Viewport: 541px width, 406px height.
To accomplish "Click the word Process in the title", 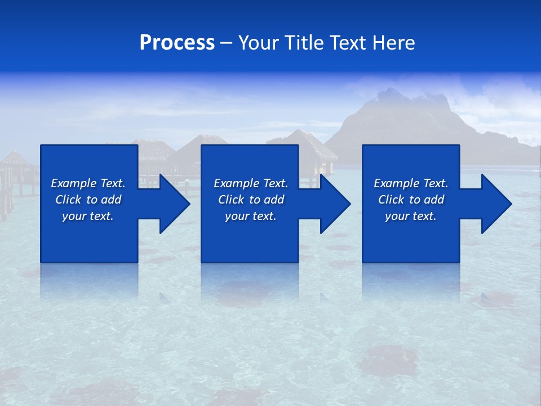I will [x=177, y=43].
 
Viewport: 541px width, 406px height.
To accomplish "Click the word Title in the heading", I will [x=302, y=43].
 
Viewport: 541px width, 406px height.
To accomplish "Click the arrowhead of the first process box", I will [x=174, y=204].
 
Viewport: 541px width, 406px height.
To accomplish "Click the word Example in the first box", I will [x=73, y=183].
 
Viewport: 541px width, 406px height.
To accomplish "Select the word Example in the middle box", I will [x=236, y=183].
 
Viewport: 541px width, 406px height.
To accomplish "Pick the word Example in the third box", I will [x=396, y=183].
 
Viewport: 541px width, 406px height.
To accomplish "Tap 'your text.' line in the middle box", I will [x=250, y=216].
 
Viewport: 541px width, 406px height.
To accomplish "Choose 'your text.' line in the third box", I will [x=410, y=216].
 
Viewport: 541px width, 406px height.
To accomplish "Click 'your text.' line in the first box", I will [x=88, y=216].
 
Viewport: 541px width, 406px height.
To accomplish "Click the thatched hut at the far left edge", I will [x=12, y=161].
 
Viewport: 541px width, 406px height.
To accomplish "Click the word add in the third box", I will [x=434, y=200].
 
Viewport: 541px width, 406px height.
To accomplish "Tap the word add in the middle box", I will [x=274, y=200].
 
